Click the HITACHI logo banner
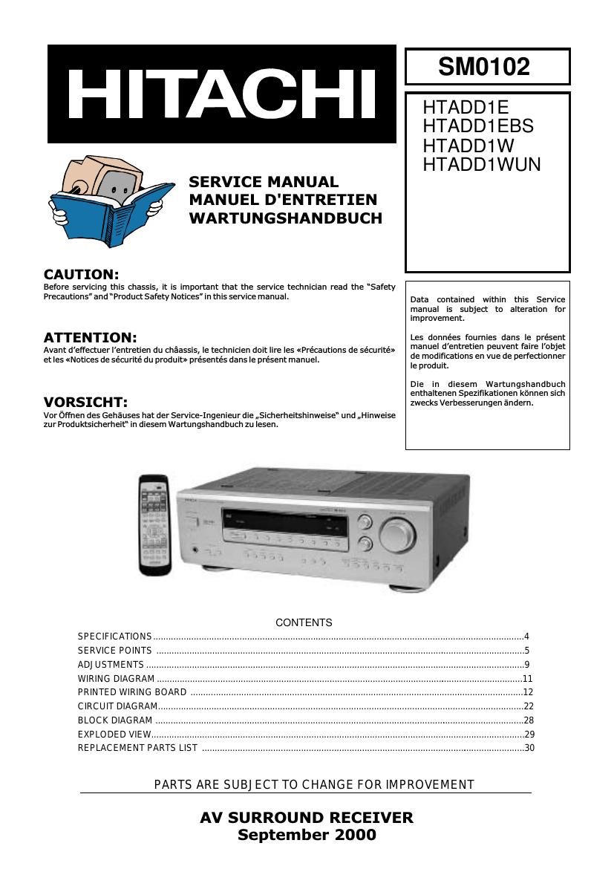pyautogui.click(x=222, y=94)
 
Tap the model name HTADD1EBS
pyautogui.click(x=477, y=126)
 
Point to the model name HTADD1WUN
pyautogui.click(x=481, y=164)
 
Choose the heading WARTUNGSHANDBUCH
pyautogui.click(x=285, y=218)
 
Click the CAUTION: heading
pyautogui.click(x=81, y=274)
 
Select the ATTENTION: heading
pyautogui.click(x=90, y=337)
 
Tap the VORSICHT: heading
pyautogui.click(x=85, y=402)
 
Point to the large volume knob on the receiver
pyautogui.click(x=396, y=533)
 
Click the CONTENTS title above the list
pyautogui.click(x=304, y=622)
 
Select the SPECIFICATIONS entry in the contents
pyautogui.click(x=114, y=637)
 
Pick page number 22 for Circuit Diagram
pyautogui.click(x=529, y=706)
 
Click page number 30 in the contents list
pyautogui.click(x=529, y=748)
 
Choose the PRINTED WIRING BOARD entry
pyautogui.click(x=132, y=692)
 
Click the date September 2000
pyautogui.click(x=307, y=835)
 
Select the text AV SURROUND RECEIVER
pyautogui.click(x=307, y=818)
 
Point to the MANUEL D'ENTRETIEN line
pyautogui.click(x=283, y=200)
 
